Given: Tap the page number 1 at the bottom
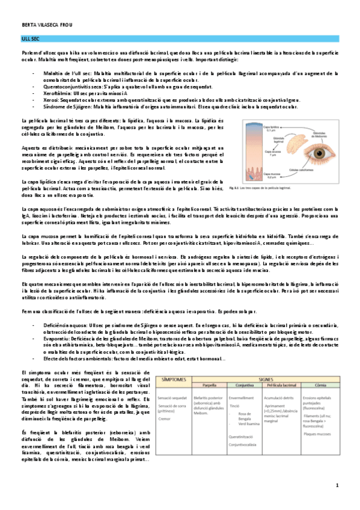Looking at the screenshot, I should [337, 485].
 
